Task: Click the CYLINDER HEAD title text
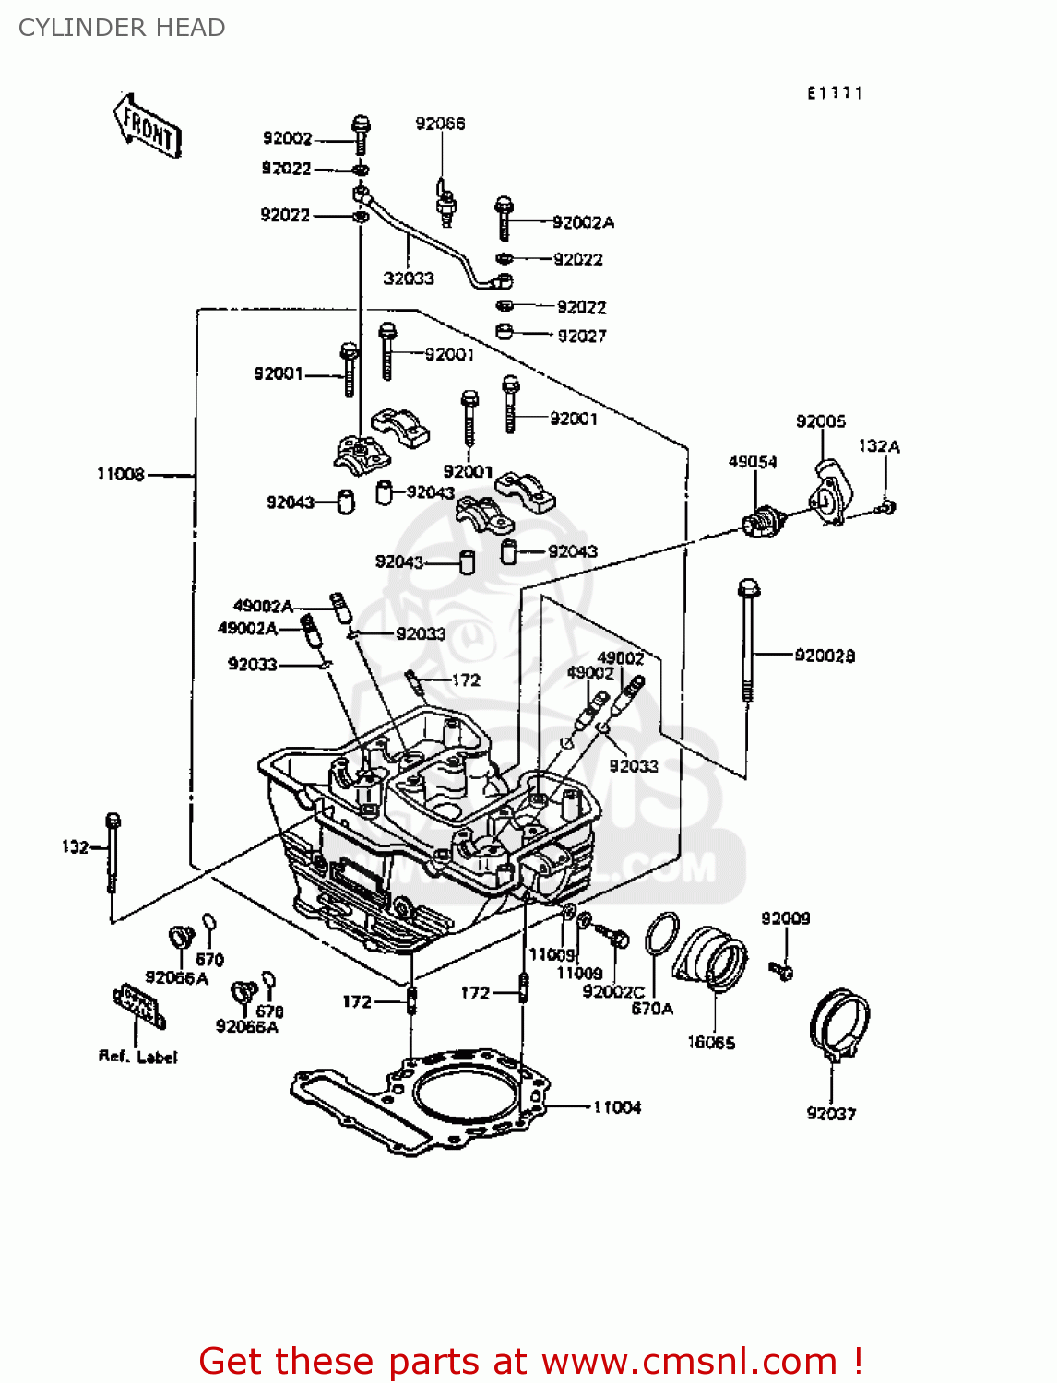pyautogui.click(x=122, y=28)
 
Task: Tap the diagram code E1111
pyautogui.click(x=835, y=93)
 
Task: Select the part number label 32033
pyautogui.click(x=409, y=278)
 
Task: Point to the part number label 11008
pyautogui.click(x=121, y=474)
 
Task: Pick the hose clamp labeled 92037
pyautogui.click(x=839, y=1023)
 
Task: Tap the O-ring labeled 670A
pyautogui.click(x=661, y=935)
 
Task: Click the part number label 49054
pyautogui.click(x=753, y=462)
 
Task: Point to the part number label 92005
pyautogui.click(x=821, y=421)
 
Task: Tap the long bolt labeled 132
pyautogui.click(x=113, y=853)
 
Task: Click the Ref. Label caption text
pyautogui.click(x=137, y=1057)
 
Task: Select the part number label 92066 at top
pyautogui.click(x=440, y=124)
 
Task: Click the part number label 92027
pyautogui.click(x=582, y=337)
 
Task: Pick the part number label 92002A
pyautogui.click(x=583, y=222)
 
